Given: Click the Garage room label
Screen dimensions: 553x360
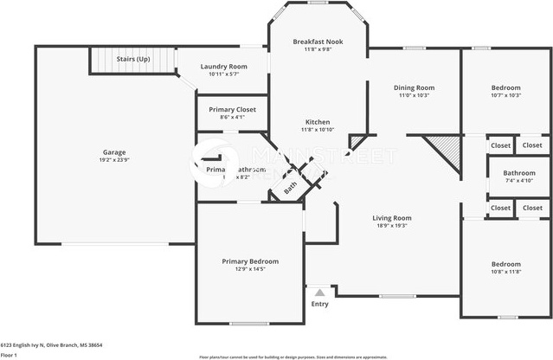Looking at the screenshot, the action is (113, 152).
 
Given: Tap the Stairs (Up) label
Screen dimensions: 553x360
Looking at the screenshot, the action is (133, 59).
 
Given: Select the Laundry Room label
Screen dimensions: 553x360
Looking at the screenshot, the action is (223, 67).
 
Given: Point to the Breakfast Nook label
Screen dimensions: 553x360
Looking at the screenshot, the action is (317, 42).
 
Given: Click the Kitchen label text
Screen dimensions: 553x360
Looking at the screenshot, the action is (316, 122).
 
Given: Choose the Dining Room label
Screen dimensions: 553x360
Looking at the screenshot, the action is (414, 87).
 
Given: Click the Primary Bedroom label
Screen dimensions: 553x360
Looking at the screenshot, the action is (250, 260).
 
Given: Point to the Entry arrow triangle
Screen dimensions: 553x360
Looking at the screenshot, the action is (319, 293).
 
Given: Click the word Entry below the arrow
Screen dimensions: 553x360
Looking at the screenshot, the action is (319, 304).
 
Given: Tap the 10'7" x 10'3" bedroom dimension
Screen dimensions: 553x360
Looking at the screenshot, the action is (506, 95).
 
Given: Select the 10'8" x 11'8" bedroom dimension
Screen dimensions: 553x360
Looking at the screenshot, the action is (506, 272).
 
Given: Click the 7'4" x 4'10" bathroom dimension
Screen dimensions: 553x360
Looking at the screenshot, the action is (519, 180).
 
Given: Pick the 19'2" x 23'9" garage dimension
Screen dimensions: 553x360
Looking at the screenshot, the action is (113, 160).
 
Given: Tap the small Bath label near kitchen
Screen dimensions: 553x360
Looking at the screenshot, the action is (291, 184).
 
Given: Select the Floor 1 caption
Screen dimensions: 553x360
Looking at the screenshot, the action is (10, 355).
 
